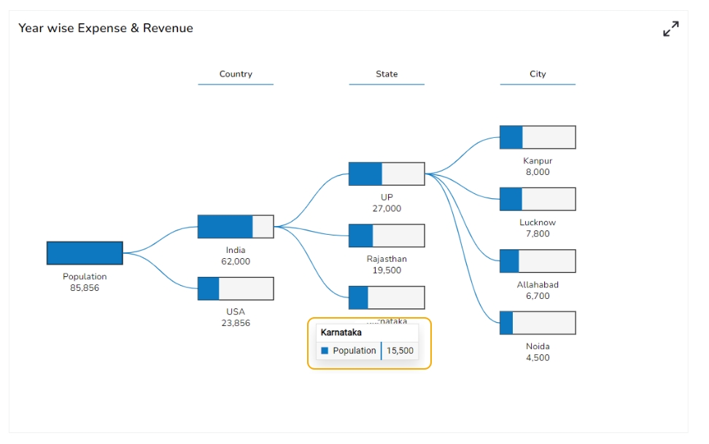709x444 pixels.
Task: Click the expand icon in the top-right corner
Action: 670,29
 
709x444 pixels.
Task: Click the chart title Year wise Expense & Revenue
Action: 106,28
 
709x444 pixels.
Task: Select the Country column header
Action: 236,74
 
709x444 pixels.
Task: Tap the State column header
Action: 387,74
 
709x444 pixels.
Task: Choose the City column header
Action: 538,74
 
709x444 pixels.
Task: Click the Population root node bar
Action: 85,253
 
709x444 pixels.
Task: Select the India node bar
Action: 236,227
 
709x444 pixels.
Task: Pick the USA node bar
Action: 236,289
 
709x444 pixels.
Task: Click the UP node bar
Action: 387,174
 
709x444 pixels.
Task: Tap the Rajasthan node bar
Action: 387,235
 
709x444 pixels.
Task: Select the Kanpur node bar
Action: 538,137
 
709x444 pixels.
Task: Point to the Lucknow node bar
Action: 538,199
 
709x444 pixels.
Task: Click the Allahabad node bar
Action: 538,261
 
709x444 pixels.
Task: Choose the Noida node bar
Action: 538,323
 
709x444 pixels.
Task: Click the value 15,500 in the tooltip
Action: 400,351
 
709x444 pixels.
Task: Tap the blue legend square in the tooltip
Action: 325,351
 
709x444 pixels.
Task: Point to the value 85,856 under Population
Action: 85,288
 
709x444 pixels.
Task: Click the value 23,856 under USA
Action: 236,323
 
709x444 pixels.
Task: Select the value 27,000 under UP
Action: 387,209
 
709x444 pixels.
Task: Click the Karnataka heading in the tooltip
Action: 341,332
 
